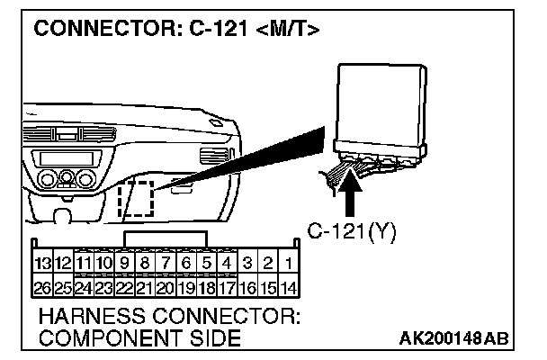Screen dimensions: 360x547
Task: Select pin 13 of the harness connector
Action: point(40,263)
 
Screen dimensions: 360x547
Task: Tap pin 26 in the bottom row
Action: point(40,288)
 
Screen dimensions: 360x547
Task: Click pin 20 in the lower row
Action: point(166,288)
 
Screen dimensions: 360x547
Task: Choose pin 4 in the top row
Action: point(228,263)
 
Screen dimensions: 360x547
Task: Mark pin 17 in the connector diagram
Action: point(228,288)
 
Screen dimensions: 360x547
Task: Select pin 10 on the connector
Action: point(103,263)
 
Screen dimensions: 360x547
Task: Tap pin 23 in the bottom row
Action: point(103,288)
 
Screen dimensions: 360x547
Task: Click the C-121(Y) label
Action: point(352,230)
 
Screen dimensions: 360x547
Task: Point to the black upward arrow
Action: point(353,190)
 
